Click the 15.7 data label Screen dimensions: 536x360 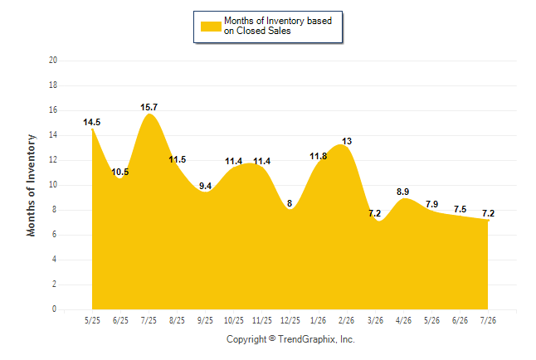(x=149, y=107)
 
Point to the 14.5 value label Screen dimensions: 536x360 (x=92, y=123)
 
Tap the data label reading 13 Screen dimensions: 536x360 (x=347, y=141)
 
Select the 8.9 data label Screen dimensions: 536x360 (x=403, y=192)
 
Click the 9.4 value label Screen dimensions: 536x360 (x=206, y=186)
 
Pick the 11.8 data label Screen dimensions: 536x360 (x=319, y=156)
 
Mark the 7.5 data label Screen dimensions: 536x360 (x=460, y=209)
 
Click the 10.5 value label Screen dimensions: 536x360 (x=120, y=172)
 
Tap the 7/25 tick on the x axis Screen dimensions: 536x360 (x=149, y=320)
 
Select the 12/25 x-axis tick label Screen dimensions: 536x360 (x=290, y=320)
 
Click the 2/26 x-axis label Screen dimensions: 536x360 (x=347, y=320)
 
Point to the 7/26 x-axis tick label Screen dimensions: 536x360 (x=488, y=320)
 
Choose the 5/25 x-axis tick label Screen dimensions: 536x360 (x=92, y=320)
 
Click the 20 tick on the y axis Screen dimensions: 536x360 (x=53, y=61)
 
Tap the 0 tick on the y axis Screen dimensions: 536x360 (x=55, y=309)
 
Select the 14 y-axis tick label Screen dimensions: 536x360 (x=53, y=135)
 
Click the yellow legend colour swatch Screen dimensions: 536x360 (x=211, y=27)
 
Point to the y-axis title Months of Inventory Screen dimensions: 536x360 (x=31, y=185)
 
